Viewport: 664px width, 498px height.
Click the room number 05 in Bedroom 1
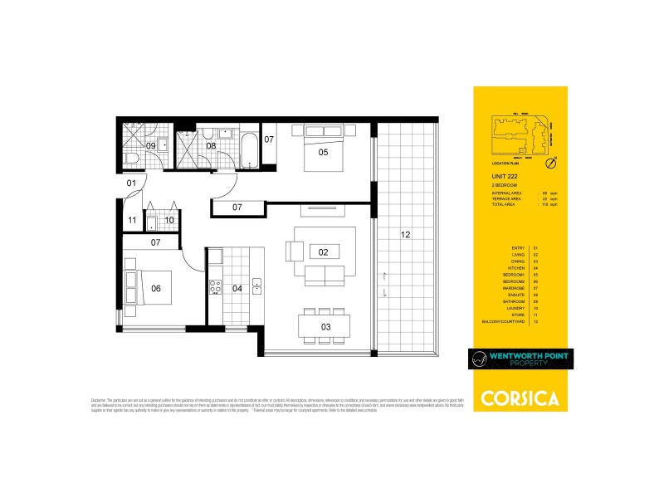(x=323, y=152)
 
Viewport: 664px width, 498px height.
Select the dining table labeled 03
(x=326, y=326)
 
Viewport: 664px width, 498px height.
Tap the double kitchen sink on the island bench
(x=257, y=286)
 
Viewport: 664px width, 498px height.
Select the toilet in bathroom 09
(x=130, y=158)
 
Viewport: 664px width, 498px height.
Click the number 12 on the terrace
(x=405, y=235)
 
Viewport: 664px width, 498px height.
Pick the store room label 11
(x=132, y=221)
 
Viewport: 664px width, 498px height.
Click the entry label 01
(x=131, y=182)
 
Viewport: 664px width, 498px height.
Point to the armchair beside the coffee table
(x=295, y=251)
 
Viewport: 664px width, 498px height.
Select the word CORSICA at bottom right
(x=520, y=396)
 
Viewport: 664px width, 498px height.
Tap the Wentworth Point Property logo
(x=520, y=360)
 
